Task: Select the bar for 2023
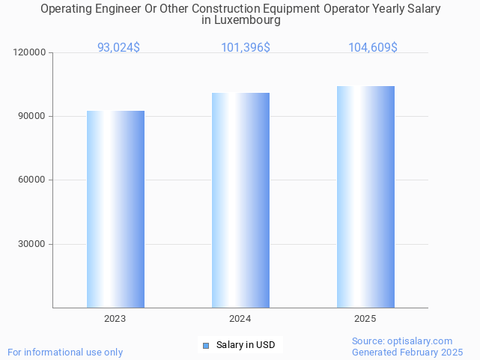[115, 209]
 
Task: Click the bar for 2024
[240, 200]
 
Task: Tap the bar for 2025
[365, 197]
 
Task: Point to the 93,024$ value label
[118, 47]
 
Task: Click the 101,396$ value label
[246, 47]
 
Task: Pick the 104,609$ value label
[373, 47]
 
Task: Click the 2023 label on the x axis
[115, 319]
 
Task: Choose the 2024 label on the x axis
[240, 319]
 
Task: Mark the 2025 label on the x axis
[365, 319]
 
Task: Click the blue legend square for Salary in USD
[207, 345]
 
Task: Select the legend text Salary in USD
[246, 345]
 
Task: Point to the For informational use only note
[65, 352]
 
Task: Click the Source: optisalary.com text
[402, 341]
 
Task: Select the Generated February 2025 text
[407, 352]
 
